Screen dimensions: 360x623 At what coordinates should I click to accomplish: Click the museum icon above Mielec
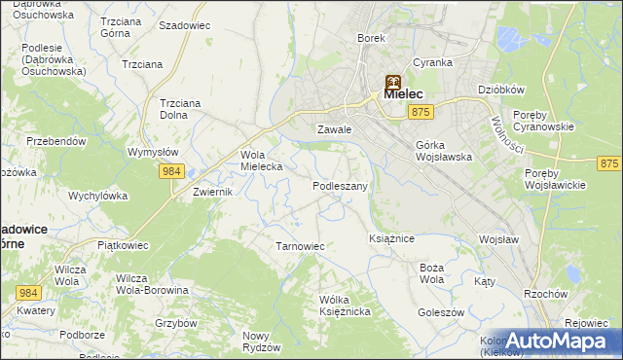coord(392,83)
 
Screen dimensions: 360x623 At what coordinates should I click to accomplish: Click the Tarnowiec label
coord(300,246)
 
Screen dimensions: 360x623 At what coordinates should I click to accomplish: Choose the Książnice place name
coord(392,237)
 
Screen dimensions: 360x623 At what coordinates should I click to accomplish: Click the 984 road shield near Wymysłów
coord(172,171)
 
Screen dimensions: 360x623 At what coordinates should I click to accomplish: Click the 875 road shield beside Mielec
coord(421,114)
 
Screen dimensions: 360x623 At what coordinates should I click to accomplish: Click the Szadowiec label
coord(184,25)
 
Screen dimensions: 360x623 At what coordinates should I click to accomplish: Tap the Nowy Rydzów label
coord(261,341)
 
